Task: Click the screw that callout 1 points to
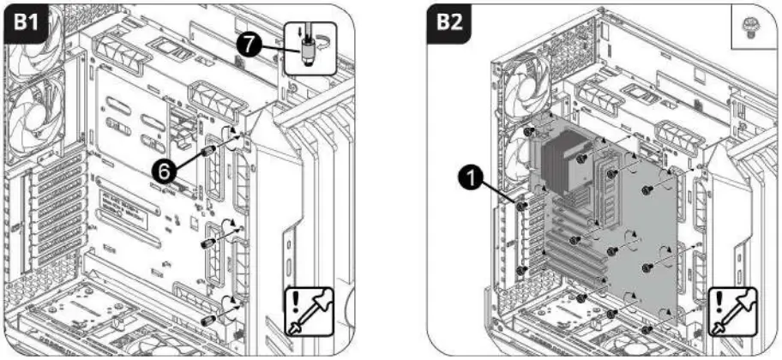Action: tap(520, 206)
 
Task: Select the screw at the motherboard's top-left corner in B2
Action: tap(531, 132)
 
